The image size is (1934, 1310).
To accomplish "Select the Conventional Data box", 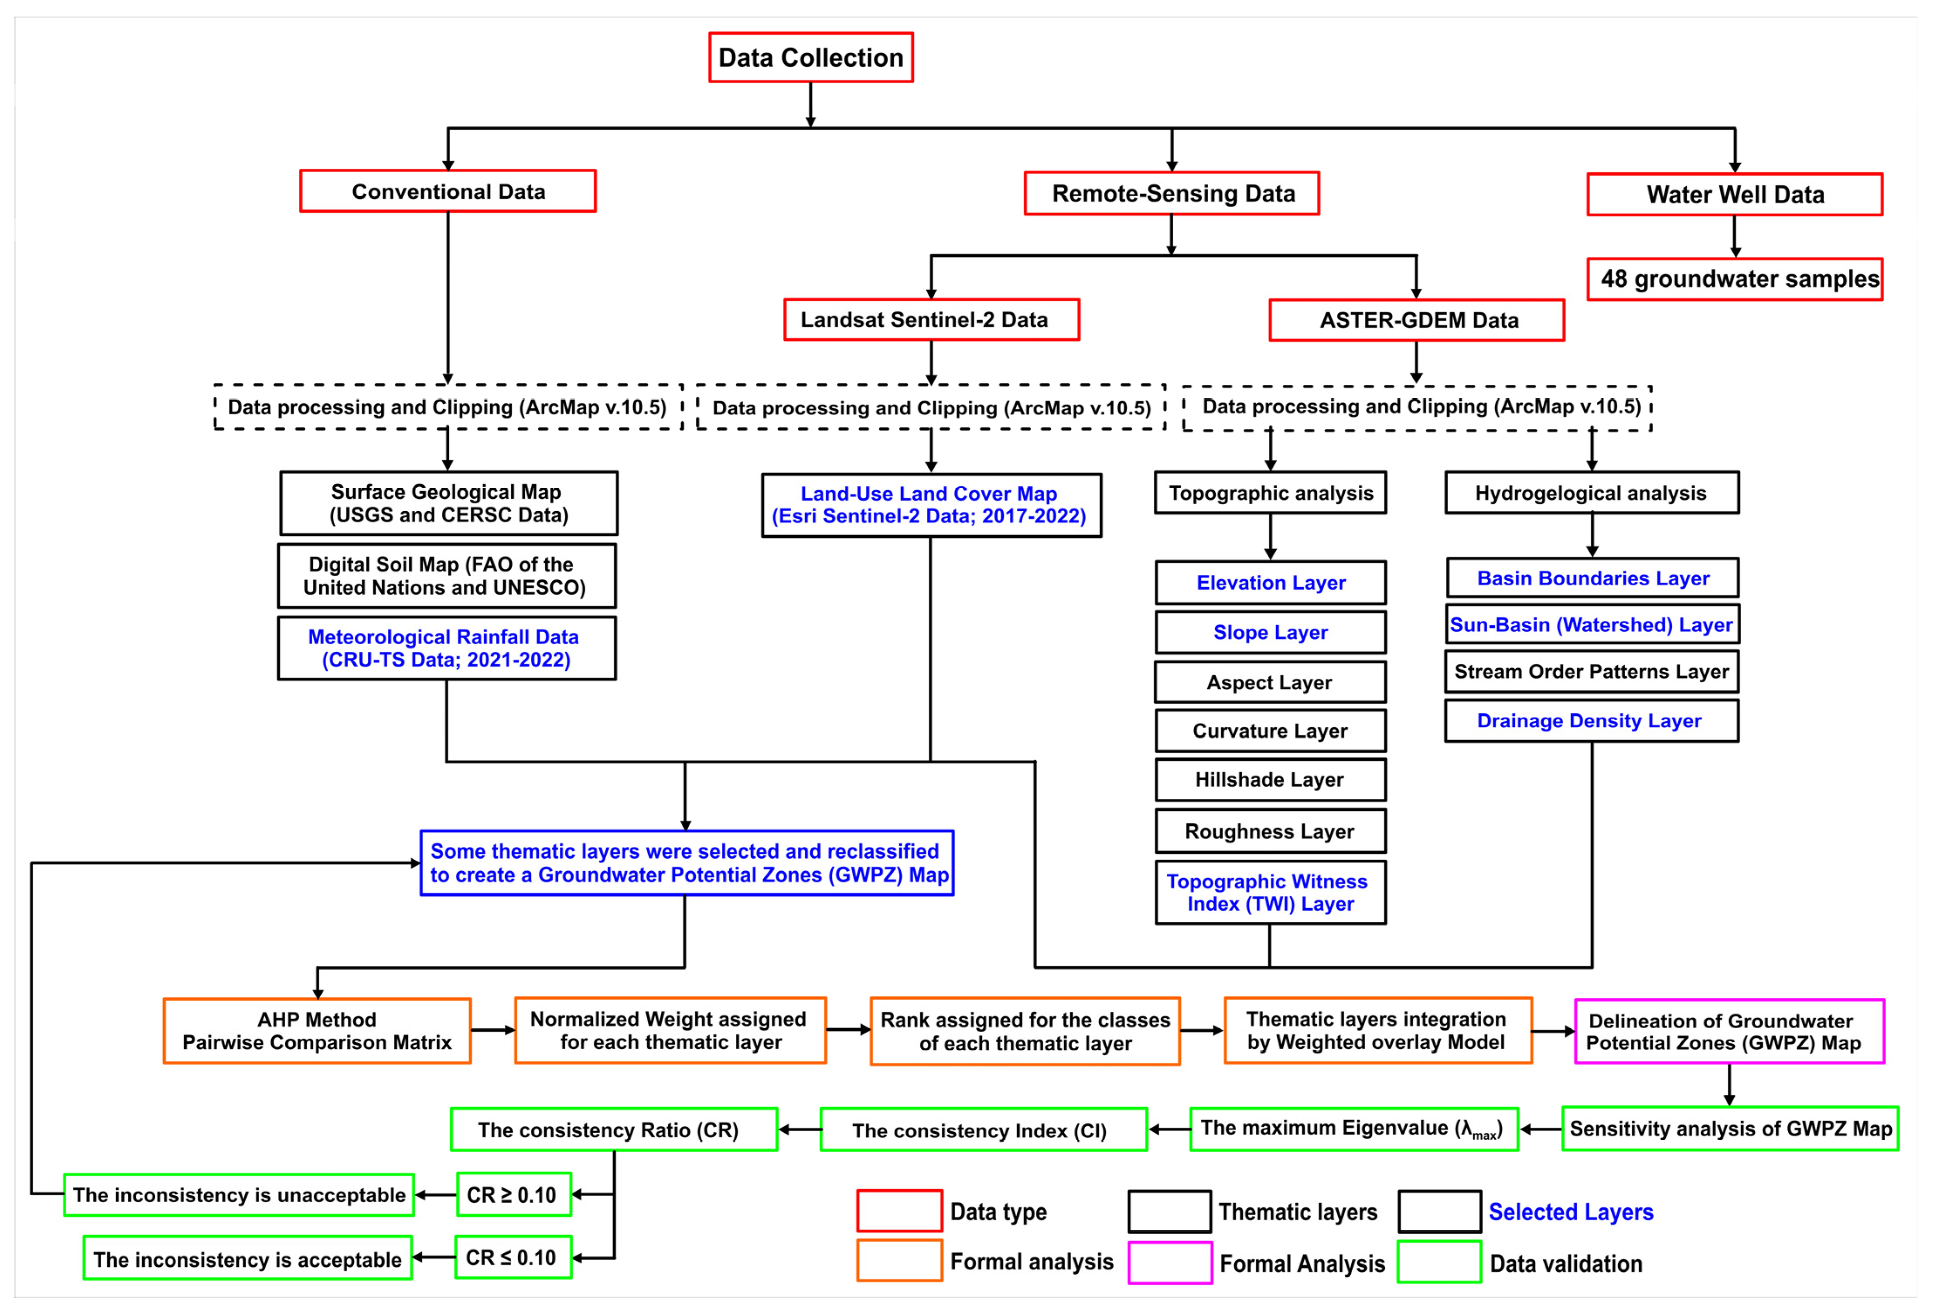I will coord(448,192).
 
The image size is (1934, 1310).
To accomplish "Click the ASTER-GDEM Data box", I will coord(1416,321).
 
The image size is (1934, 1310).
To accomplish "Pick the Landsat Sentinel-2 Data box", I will coord(931,320).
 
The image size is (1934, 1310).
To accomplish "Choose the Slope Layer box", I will coord(1270,633).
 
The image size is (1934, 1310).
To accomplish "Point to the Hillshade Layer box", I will coord(1270,780).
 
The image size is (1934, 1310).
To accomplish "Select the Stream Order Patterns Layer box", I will coord(1591,672).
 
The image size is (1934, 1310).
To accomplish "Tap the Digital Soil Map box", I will coord(447,576).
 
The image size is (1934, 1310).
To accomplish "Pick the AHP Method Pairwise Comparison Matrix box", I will coord(317,1031).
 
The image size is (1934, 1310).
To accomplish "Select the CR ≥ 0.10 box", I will coord(513,1195).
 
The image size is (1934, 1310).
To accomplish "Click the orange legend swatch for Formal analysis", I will coord(899,1261).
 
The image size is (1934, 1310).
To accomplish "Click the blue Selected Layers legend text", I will coord(1570,1212).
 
